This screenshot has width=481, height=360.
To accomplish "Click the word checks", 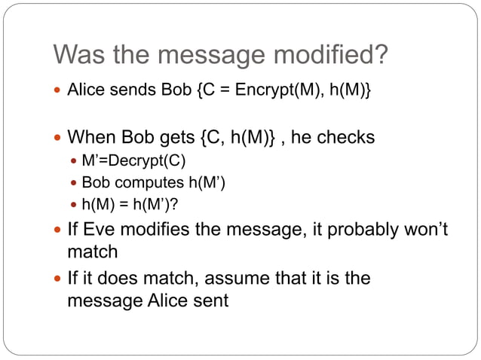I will [x=345, y=139].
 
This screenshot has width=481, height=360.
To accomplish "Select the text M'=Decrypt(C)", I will [x=133, y=162].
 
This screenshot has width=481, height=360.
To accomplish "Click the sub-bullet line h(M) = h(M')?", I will [x=130, y=204].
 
